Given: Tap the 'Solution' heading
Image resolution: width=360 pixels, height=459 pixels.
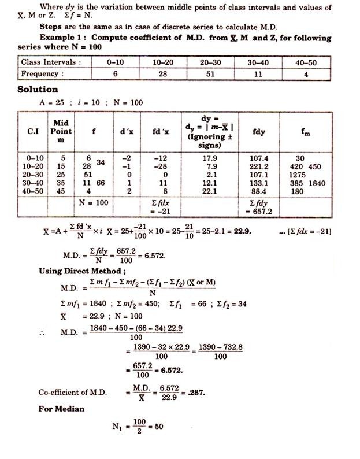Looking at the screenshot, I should pos(38,90).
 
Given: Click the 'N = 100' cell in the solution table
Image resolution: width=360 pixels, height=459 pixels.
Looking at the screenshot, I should pos(94,203).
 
